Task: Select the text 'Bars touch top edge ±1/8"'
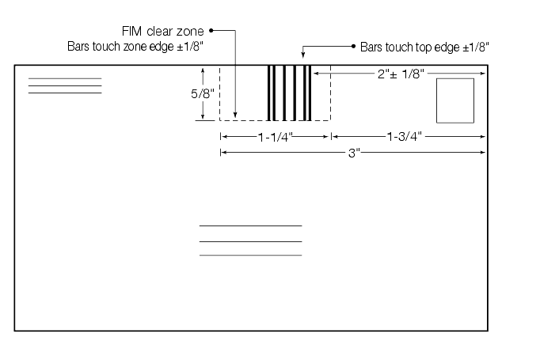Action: (424, 47)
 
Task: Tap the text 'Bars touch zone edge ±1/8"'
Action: (136, 47)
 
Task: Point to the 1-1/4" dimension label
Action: (276, 136)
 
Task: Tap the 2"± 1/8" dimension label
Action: (401, 74)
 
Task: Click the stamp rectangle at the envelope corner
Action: (455, 100)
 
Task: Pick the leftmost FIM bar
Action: (268, 93)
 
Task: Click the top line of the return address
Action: (65, 78)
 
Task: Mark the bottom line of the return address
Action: (65, 93)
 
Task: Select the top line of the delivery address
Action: (250, 226)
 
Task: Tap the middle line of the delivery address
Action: (250, 241)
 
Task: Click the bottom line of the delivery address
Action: (250, 256)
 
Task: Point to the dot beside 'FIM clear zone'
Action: (211, 32)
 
